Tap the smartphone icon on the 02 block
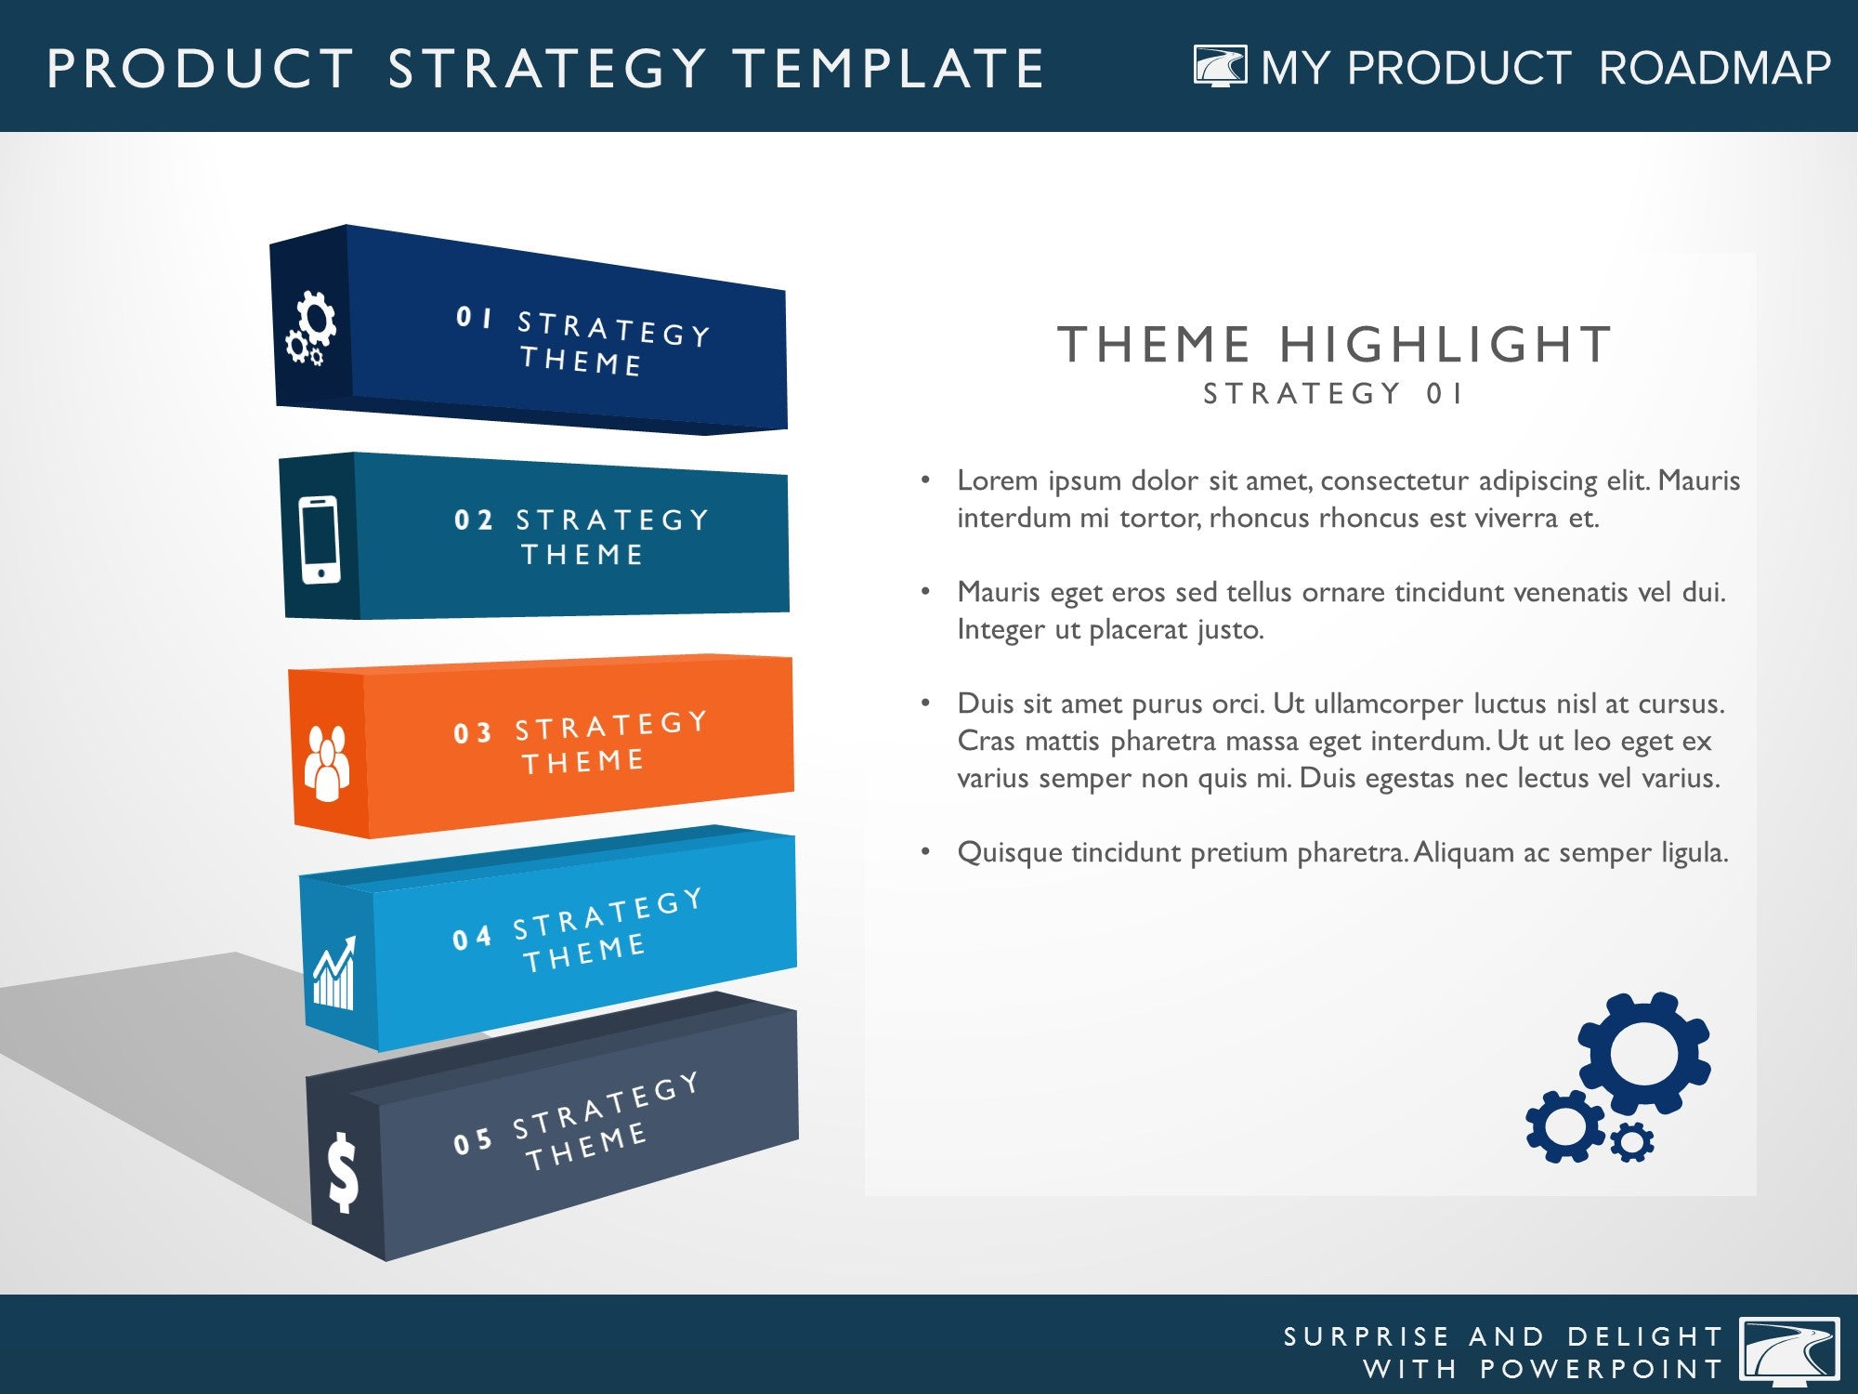point(319,540)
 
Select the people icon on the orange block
point(327,762)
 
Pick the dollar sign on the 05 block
point(343,1173)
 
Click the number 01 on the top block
point(474,318)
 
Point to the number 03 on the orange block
point(472,733)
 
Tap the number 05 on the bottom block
point(472,1141)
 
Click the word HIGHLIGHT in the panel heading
point(1446,345)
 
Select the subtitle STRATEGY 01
point(1333,394)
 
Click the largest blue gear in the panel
point(1644,1054)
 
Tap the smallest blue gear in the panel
point(1631,1141)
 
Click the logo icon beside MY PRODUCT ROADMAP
point(1220,66)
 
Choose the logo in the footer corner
point(1789,1349)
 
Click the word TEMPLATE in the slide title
point(888,69)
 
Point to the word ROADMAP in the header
point(1715,68)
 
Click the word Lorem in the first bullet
point(997,480)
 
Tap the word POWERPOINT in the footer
point(1602,1369)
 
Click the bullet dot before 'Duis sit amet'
point(925,703)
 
